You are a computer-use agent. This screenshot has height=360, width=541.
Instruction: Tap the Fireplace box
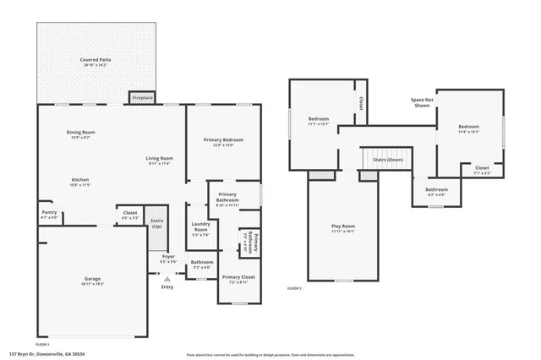(x=142, y=98)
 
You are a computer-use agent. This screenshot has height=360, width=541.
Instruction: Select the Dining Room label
(x=81, y=132)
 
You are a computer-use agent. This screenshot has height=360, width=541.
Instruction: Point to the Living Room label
(x=159, y=158)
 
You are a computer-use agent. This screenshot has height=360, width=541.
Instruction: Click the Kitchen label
(x=80, y=180)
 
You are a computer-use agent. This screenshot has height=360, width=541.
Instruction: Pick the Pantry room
(x=49, y=214)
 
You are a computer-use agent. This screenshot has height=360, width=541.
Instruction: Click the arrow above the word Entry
(x=167, y=276)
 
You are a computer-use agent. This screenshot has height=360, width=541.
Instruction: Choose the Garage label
(x=92, y=280)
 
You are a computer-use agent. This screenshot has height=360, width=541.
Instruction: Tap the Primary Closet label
(x=238, y=278)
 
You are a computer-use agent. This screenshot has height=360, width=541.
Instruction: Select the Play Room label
(x=342, y=226)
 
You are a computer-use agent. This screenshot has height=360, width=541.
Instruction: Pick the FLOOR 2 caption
(x=294, y=289)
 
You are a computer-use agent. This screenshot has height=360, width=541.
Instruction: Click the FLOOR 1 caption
(x=42, y=344)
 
